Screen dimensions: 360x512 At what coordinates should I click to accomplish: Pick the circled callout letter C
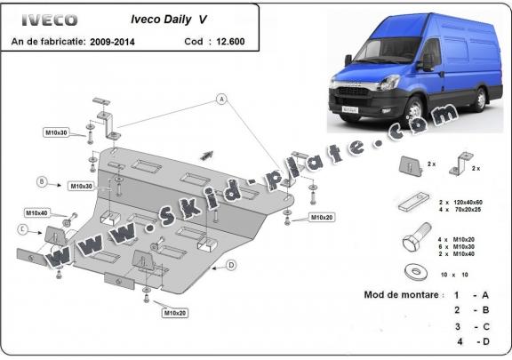coord(20,228)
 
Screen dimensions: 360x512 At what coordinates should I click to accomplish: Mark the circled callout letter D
coord(230,265)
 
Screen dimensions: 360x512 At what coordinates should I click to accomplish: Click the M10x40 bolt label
coord(36,213)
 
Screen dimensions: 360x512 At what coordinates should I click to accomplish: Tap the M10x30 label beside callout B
coord(80,186)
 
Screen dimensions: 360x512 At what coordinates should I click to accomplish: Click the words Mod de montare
coord(402,294)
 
